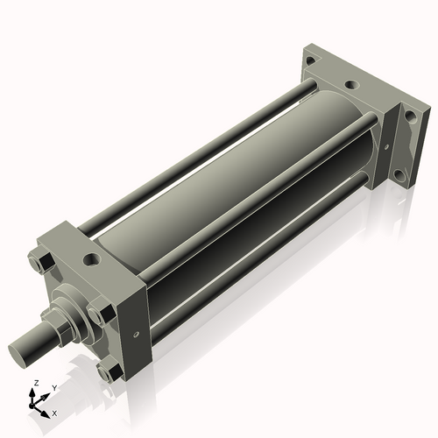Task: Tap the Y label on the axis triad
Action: [54, 387]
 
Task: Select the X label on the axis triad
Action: [55, 412]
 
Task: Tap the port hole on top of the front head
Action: [90, 259]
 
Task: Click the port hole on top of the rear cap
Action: [350, 86]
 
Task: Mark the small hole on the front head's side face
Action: [135, 333]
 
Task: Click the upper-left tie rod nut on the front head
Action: [37, 262]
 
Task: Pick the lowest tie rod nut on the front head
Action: [109, 373]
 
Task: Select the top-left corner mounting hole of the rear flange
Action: [311, 60]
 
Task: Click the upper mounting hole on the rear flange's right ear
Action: [409, 117]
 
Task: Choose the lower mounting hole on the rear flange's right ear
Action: [400, 174]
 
